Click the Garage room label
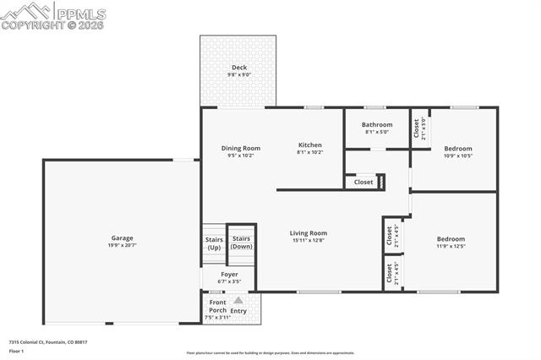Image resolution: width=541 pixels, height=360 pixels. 122,237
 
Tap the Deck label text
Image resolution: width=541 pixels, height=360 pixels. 239,67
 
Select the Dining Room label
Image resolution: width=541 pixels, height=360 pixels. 240,147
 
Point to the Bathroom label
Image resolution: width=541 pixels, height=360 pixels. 377,124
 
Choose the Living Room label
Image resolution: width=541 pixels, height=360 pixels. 309,232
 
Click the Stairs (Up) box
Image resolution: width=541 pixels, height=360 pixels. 214,243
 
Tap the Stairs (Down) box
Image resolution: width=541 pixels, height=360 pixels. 242,243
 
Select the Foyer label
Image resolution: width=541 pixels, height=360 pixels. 229,274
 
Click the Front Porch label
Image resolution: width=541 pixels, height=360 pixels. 217,307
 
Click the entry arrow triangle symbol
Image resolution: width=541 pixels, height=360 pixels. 238,300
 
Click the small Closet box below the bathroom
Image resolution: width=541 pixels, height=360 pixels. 363,182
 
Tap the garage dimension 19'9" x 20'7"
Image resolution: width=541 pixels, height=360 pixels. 122,245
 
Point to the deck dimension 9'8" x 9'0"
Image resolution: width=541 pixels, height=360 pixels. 238,75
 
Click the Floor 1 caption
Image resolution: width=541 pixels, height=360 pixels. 17,350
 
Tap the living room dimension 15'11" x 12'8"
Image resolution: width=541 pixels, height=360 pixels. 309,240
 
